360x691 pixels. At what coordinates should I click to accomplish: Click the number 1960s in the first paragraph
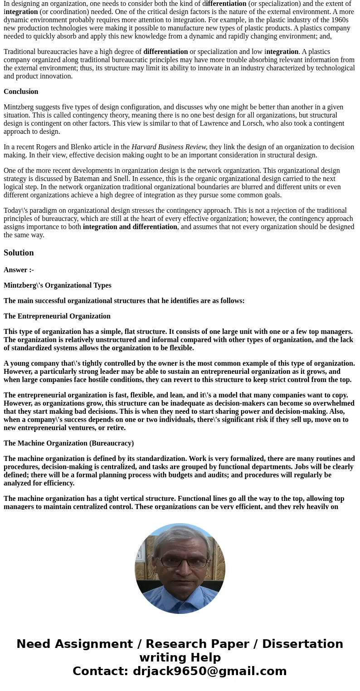click(338, 20)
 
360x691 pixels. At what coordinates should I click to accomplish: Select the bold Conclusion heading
click(21, 92)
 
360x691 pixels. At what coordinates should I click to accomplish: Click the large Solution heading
click(19, 253)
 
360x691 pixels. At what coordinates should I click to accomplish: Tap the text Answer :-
click(19, 270)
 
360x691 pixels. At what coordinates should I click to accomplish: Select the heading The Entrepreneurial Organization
click(57, 316)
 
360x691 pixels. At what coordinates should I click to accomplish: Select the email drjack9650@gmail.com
click(209, 671)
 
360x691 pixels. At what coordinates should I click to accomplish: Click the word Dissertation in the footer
click(302, 644)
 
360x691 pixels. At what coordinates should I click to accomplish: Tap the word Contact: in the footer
click(101, 671)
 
